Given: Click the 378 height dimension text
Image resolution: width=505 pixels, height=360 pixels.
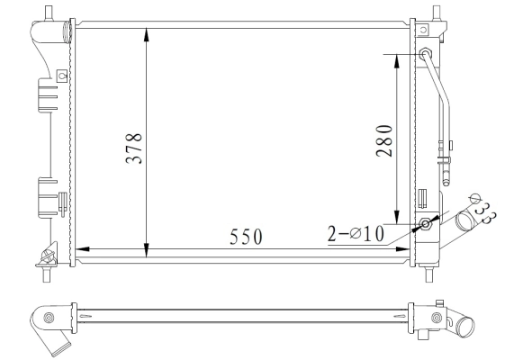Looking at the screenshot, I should pos(133,147).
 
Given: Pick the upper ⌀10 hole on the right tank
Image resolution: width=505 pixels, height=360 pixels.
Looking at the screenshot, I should pos(425,55).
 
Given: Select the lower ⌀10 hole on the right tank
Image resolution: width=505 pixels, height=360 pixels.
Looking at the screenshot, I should pos(425,223).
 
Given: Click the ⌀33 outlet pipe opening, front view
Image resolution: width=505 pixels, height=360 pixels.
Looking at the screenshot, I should pos(466,220).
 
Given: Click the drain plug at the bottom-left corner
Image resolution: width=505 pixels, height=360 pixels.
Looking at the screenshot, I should pos(43,260).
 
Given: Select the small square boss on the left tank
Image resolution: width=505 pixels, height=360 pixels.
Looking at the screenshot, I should pos(61,75).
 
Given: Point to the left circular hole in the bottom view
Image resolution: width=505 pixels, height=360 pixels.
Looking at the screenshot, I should pos(49,318).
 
